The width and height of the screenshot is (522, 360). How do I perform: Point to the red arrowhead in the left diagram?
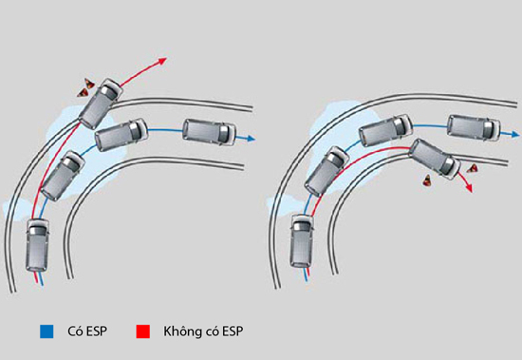163,62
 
